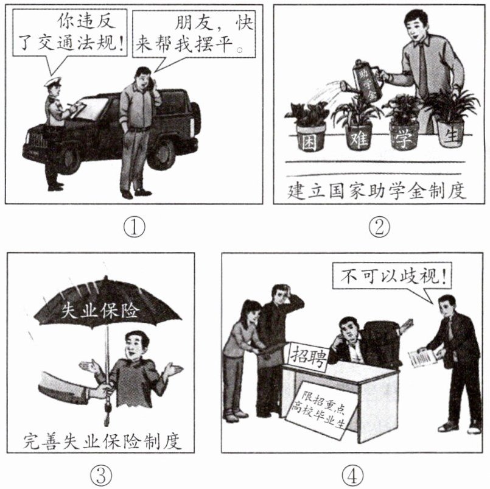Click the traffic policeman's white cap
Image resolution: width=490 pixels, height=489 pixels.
(x=52, y=82)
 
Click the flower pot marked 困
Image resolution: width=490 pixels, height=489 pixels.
(x=310, y=138)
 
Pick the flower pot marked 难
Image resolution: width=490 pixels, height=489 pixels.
(x=359, y=136)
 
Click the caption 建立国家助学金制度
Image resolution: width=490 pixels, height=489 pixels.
(x=376, y=191)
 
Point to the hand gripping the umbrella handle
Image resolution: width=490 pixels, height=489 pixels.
(x=102, y=392)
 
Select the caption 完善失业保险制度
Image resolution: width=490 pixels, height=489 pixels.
(x=102, y=441)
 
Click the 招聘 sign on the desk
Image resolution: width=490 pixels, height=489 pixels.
(x=309, y=356)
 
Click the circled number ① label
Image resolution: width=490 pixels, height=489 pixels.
(x=135, y=227)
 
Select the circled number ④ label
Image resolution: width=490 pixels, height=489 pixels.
(x=352, y=475)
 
